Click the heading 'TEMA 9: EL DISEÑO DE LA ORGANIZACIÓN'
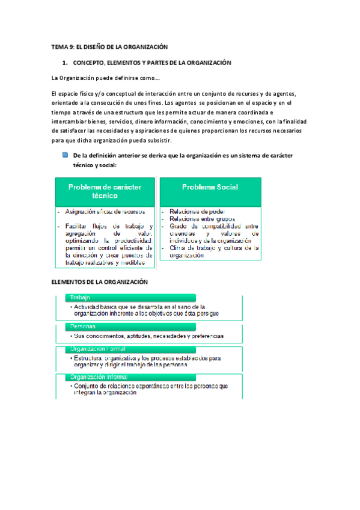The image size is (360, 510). point(109,47)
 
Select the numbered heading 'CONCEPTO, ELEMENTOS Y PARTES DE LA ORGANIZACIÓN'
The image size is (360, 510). point(152,63)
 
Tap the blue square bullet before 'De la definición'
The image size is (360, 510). point(65,155)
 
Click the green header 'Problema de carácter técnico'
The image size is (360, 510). point(105,191)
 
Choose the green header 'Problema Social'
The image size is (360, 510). point(210,188)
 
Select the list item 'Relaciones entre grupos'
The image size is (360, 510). point(202,219)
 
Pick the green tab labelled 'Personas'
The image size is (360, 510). point(84,327)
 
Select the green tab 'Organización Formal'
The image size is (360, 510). point(98,349)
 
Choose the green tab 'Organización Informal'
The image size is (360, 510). point(100,377)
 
